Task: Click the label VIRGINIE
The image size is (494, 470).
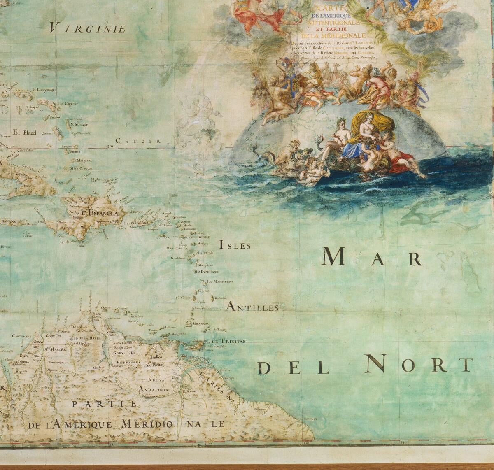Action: click(x=87, y=28)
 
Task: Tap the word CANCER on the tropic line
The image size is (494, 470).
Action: click(x=138, y=141)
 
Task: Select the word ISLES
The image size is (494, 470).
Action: click(x=235, y=246)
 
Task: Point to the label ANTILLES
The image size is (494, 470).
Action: click(x=253, y=307)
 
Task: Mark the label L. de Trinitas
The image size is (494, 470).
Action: click(x=226, y=341)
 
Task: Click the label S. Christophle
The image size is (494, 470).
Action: click(x=198, y=237)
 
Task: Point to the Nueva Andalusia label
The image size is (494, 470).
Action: click(x=154, y=385)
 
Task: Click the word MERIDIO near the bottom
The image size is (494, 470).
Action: click(x=151, y=424)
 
